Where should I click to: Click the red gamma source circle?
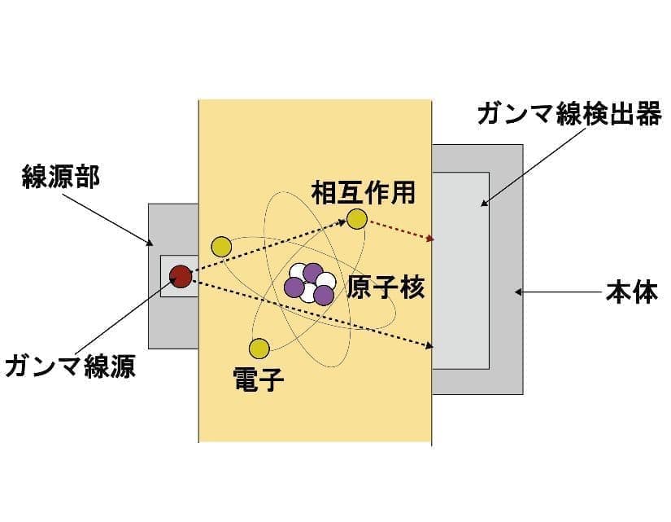point(181,276)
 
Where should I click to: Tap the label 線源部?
point(61,177)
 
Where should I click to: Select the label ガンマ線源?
point(71,366)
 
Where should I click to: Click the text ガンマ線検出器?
point(569,113)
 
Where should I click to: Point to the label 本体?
point(632,292)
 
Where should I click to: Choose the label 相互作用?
point(364,192)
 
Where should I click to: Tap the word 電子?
point(259,379)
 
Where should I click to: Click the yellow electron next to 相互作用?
point(357,219)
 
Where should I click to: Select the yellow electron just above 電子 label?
point(259,349)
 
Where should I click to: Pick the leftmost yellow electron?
point(222,247)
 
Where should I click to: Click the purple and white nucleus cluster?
point(309,283)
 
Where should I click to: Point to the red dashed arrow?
point(402,230)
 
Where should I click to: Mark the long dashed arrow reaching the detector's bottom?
point(313,314)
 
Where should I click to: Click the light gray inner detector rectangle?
point(460,270)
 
